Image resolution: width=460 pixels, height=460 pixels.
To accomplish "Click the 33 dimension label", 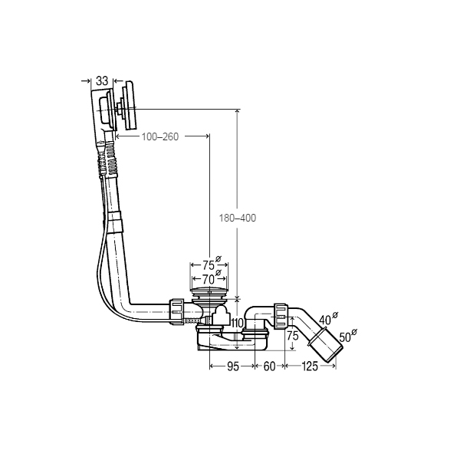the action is click(102, 80).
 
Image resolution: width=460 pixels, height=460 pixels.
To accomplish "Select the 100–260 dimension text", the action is click(160, 136).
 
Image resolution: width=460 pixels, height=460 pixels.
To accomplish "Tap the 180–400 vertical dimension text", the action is click(238, 218).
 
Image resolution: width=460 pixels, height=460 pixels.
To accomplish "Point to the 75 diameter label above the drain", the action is click(209, 265).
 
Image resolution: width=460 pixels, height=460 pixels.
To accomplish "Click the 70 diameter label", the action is click(209, 279).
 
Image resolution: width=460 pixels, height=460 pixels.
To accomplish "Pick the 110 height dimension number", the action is click(238, 324).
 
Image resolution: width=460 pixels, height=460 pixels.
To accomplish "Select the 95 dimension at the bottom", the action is click(233, 366).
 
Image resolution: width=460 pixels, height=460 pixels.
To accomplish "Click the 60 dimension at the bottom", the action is click(270, 366).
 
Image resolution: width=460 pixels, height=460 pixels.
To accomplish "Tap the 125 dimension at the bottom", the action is click(310, 366).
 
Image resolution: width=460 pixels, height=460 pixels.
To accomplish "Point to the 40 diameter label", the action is click(325, 320).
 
